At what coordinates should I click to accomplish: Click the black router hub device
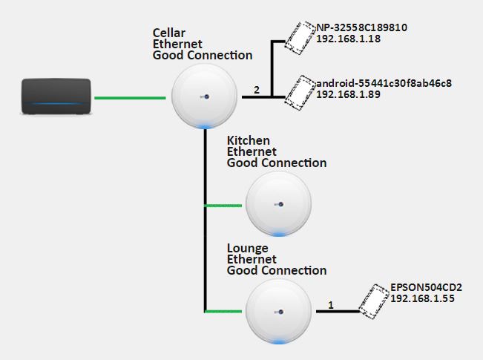[56, 96]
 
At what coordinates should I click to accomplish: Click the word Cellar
[169, 33]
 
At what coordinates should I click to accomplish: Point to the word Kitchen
[248, 141]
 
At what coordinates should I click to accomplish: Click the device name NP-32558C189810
[361, 28]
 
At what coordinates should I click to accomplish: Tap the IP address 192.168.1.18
[349, 39]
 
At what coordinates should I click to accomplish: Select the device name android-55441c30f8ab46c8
[384, 84]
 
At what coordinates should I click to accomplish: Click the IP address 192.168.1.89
[349, 95]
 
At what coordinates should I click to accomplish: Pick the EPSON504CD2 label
[426, 287]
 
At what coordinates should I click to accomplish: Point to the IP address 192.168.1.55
[422, 298]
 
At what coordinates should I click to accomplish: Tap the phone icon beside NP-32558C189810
[300, 38]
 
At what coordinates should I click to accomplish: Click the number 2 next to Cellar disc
[257, 90]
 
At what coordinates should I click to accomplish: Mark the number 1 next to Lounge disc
[330, 304]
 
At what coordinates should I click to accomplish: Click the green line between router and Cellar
[129, 97]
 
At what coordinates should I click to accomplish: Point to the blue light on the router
[56, 105]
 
